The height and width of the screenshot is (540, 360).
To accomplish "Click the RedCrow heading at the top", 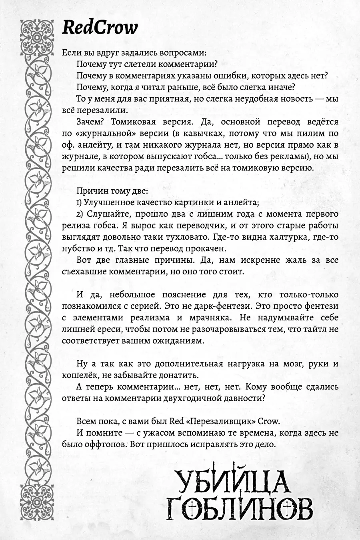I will [100, 28].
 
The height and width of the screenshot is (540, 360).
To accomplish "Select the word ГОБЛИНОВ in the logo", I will [239, 507].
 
